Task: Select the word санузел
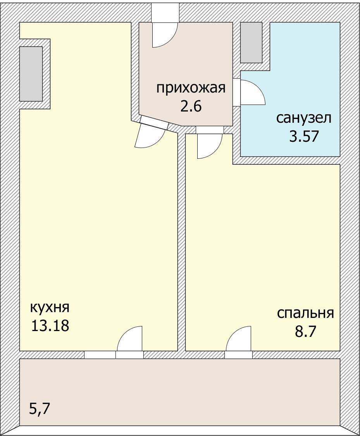[304, 118]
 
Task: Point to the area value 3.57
[304, 136]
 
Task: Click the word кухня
[50, 307]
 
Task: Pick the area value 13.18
[50, 326]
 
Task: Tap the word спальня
[305, 313]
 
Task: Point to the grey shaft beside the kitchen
[31, 74]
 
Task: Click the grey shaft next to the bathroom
[251, 42]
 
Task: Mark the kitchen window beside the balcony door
[100, 355]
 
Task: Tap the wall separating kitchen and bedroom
[181, 240]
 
